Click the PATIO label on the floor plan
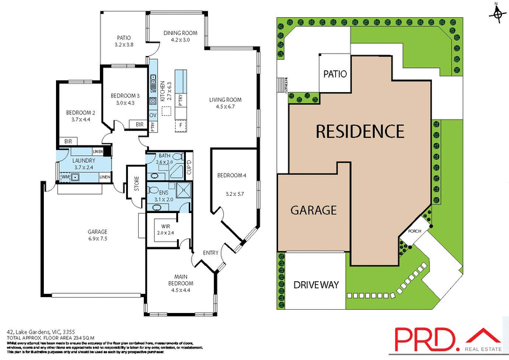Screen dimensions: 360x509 click(123, 37)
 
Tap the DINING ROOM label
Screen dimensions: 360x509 click(181, 32)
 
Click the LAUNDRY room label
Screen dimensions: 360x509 click(84, 161)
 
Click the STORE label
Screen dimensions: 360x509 click(135, 187)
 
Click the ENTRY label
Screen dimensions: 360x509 click(210, 253)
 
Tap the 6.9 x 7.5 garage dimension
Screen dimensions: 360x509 click(98, 239)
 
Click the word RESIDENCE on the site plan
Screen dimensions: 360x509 click(360, 132)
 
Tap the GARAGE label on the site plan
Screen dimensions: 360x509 click(314, 210)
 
